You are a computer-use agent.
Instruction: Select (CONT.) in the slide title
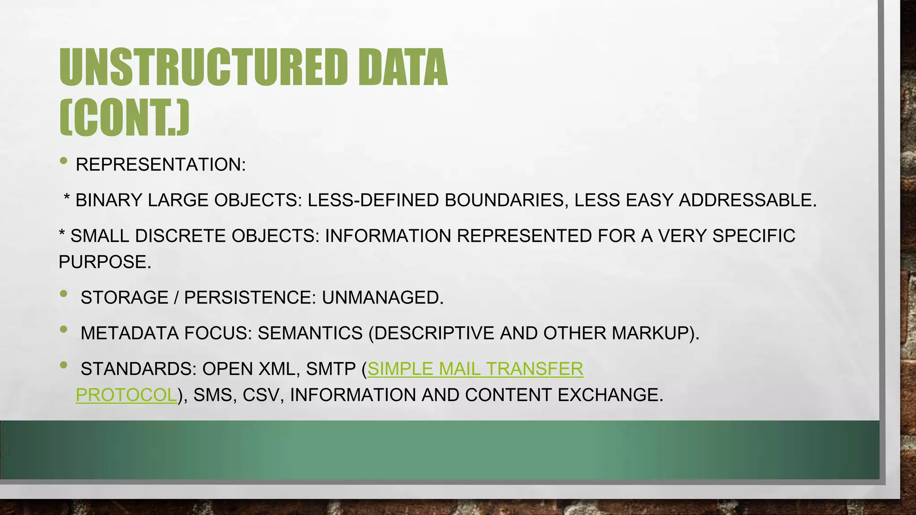point(124,118)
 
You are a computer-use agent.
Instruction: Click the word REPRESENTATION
point(160,165)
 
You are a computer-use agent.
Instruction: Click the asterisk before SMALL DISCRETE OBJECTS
point(62,234)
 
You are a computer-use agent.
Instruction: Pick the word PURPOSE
point(104,262)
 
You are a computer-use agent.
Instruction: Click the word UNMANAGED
point(382,297)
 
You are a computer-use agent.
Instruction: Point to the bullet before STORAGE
point(64,294)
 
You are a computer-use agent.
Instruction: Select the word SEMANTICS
point(310,333)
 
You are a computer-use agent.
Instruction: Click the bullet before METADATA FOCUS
point(64,329)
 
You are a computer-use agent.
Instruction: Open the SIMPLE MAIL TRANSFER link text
point(475,369)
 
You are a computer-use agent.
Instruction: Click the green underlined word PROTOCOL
point(126,395)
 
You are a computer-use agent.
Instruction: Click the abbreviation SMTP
point(331,369)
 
